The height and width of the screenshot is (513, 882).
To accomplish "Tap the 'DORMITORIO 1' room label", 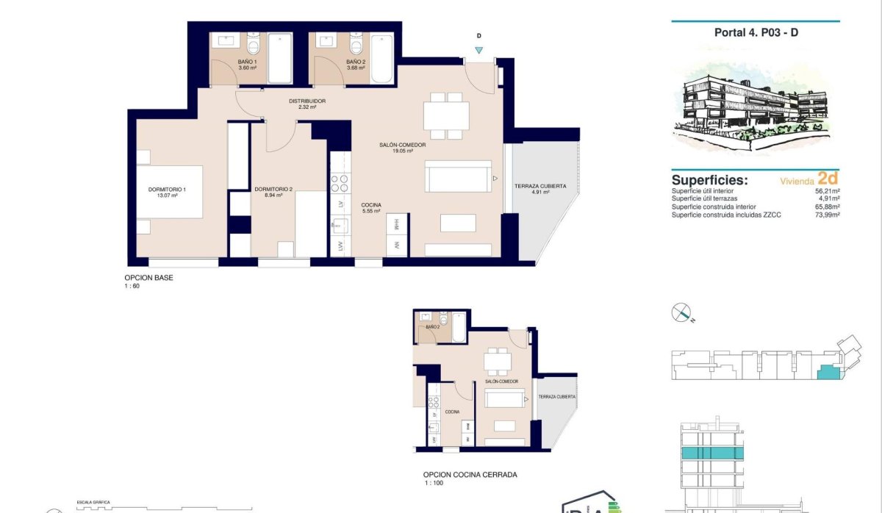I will click(167, 190).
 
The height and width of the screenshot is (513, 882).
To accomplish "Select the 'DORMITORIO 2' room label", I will click(273, 190).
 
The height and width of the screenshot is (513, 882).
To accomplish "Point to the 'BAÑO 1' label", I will click(247, 62).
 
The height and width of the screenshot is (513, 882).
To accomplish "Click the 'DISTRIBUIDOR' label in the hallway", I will click(306, 101).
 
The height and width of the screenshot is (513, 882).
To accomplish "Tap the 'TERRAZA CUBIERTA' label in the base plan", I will click(540, 187).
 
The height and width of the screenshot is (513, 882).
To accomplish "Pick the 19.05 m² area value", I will click(403, 151).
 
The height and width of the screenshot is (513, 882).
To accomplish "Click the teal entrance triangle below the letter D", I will click(479, 50).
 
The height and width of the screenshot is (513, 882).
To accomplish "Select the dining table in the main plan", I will click(446, 115).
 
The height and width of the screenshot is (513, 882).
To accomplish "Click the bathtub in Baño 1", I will click(279, 59).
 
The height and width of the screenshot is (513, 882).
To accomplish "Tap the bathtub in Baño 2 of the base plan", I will click(381, 59).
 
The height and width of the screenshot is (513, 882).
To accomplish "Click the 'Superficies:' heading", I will click(710, 180).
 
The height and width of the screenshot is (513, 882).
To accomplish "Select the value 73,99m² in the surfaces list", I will click(825, 215).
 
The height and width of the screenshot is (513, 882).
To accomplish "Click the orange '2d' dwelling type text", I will click(828, 178).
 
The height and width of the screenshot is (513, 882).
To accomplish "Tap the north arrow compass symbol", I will click(682, 313).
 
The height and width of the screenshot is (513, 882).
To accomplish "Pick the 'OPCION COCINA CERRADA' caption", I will click(470, 475).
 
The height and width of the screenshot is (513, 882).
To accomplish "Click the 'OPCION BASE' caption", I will click(148, 278).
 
